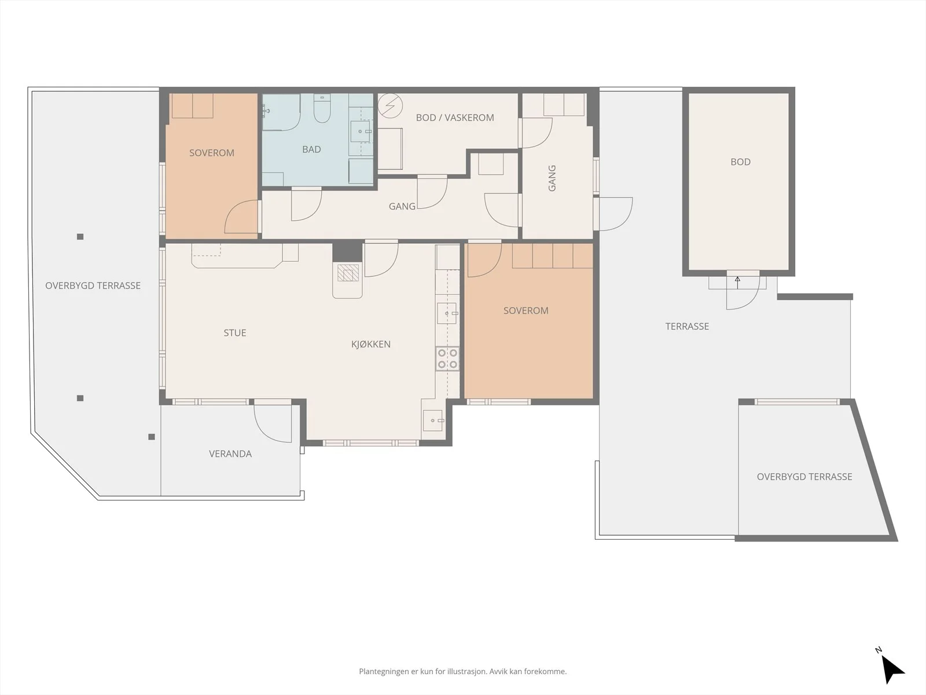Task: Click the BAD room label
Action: click(x=311, y=149)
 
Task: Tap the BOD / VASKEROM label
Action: click(x=455, y=118)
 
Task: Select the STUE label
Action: click(x=235, y=333)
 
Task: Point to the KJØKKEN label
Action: click(x=371, y=345)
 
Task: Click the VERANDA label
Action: click(x=230, y=453)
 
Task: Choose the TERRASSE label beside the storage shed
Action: click(x=687, y=326)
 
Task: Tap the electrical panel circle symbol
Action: click(x=390, y=105)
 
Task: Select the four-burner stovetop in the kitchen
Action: click(x=447, y=359)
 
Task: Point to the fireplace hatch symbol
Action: click(x=348, y=273)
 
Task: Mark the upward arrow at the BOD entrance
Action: click(x=737, y=282)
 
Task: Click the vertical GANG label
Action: click(x=552, y=178)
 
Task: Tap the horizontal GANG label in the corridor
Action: click(x=402, y=206)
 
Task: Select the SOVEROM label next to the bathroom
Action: click(x=212, y=153)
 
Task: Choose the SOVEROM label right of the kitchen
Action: click(x=526, y=310)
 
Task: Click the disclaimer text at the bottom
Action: click(x=463, y=671)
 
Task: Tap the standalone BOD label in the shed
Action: click(x=741, y=162)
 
